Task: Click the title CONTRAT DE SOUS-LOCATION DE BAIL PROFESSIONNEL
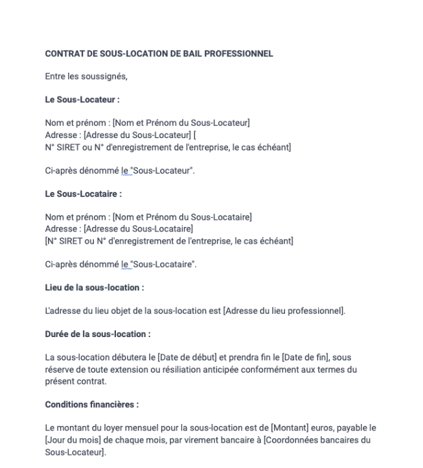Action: tap(159, 54)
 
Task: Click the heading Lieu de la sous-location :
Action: tap(94, 287)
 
